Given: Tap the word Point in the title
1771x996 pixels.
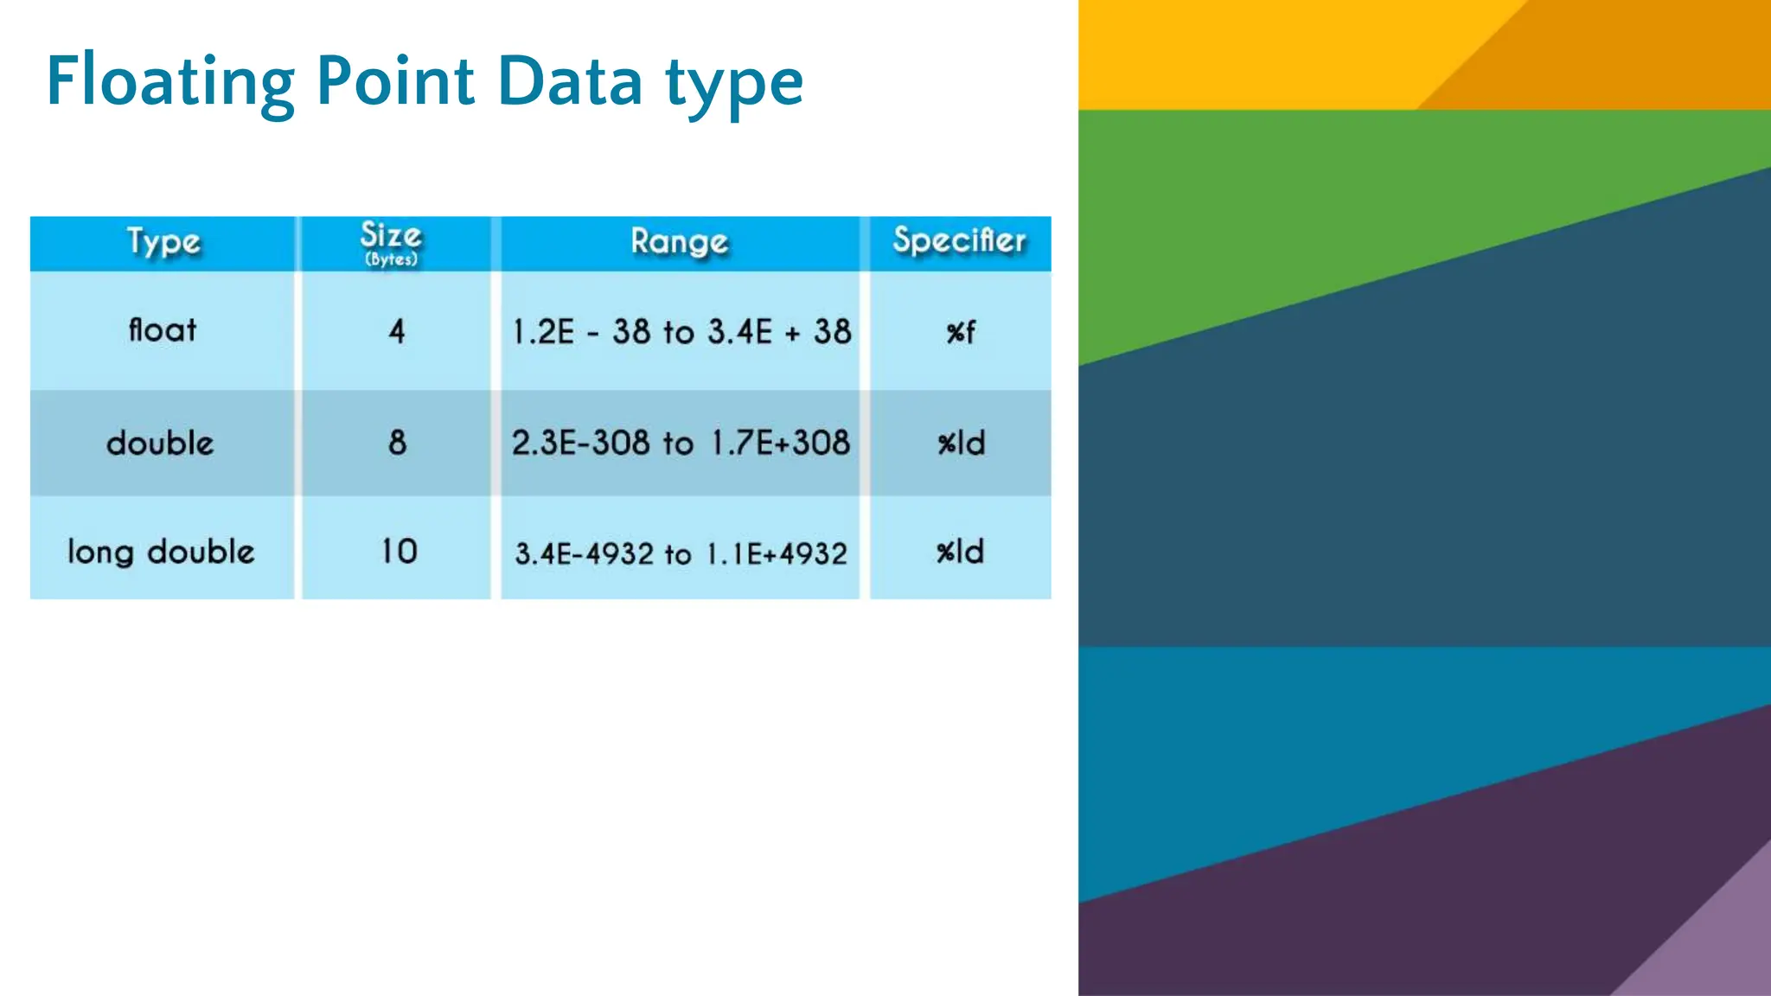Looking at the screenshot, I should tap(395, 82).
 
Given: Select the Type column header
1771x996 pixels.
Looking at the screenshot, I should tap(163, 242).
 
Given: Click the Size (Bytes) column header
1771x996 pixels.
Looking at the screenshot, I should tap(391, 243).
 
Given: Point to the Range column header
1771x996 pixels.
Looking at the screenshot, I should tap(679, 242).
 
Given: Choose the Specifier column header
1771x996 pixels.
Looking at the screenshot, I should tap(959, 241).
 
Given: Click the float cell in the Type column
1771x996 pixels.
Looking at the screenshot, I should tap(163, 330).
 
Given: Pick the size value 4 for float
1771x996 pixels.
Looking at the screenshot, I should tap(397, 331).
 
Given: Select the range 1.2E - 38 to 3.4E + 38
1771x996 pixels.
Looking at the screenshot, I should tap(681, 332).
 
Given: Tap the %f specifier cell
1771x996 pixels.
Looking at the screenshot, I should tap(960, 332).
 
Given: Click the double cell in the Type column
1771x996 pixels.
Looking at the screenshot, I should tap(160, 444).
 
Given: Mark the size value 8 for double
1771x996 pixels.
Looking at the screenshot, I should tap(397, 443).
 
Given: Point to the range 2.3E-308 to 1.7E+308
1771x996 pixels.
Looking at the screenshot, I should tap(681, 444).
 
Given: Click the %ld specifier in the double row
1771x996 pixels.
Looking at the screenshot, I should tap(961, 444).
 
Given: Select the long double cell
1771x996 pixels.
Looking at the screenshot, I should tap(161, 552).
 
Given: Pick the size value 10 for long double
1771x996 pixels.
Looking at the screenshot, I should tap(399, 552).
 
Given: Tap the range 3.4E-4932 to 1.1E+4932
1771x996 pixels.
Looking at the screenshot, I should tap(681, 553).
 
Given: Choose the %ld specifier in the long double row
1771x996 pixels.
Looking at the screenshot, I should tap(960, 552).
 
